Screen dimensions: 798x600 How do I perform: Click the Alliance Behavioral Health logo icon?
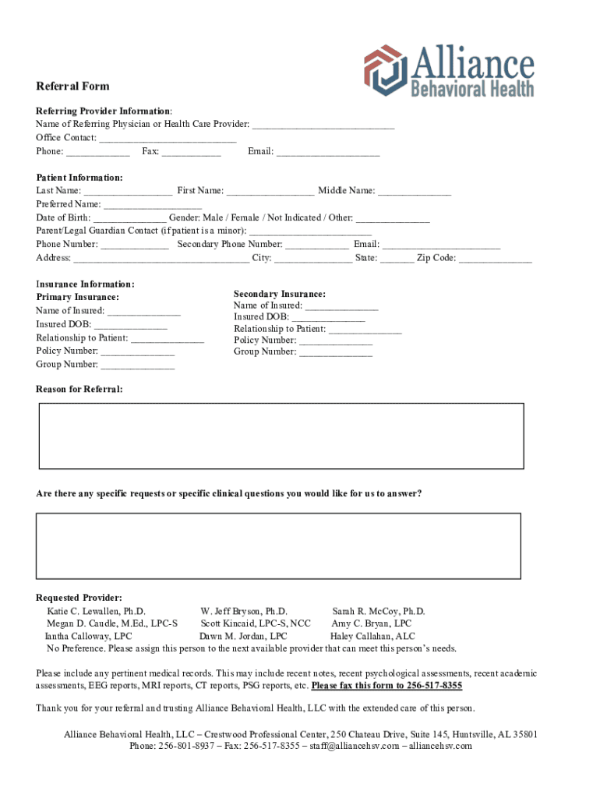point(384,70)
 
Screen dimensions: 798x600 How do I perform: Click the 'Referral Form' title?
point(72,87)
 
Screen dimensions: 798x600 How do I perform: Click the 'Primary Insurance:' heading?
point(78,298)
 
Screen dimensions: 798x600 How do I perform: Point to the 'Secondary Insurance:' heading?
point(280,295)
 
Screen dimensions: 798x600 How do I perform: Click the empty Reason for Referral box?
point(281,436)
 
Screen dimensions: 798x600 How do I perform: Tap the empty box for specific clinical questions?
point(278,546)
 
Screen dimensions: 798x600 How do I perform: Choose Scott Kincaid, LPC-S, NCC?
point(256,623)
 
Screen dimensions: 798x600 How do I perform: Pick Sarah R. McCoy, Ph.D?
point(379,612)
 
